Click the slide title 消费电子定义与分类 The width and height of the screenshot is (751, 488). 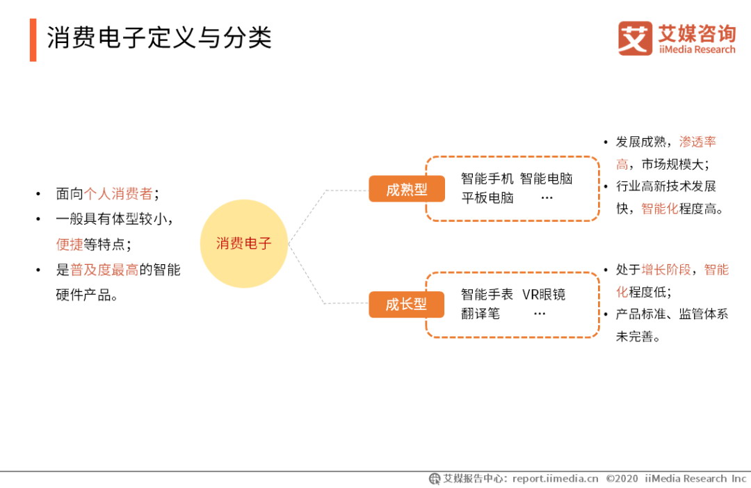click(159, 38)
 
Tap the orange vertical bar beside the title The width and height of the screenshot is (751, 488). click(33, 40)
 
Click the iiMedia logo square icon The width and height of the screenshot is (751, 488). click(635, 38)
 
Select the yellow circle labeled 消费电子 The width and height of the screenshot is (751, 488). click(244, 243)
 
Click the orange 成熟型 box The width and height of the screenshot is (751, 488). click(407, 189)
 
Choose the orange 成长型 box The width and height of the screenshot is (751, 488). click(406, 304)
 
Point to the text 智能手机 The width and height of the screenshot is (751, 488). click(487, 179)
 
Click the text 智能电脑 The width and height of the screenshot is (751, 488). click(546, 179)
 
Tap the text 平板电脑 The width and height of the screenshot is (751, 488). click(487, 198)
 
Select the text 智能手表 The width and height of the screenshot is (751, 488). click(487, 294)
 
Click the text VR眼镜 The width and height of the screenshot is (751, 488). click(544, 294)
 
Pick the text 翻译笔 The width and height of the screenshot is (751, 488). click(481, 314)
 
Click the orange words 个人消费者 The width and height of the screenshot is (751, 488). click(118, 193)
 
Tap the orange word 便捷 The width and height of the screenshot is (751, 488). click(70, 244)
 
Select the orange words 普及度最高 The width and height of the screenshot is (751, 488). click(104, 270)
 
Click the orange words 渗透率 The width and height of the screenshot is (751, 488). click(697, 142)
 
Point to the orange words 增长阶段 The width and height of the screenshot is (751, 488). click(665, 270)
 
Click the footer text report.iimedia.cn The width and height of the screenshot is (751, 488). click(555, 478)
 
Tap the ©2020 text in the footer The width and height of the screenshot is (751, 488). click(622, 478)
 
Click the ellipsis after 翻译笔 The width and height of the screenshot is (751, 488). click(540, 314)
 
